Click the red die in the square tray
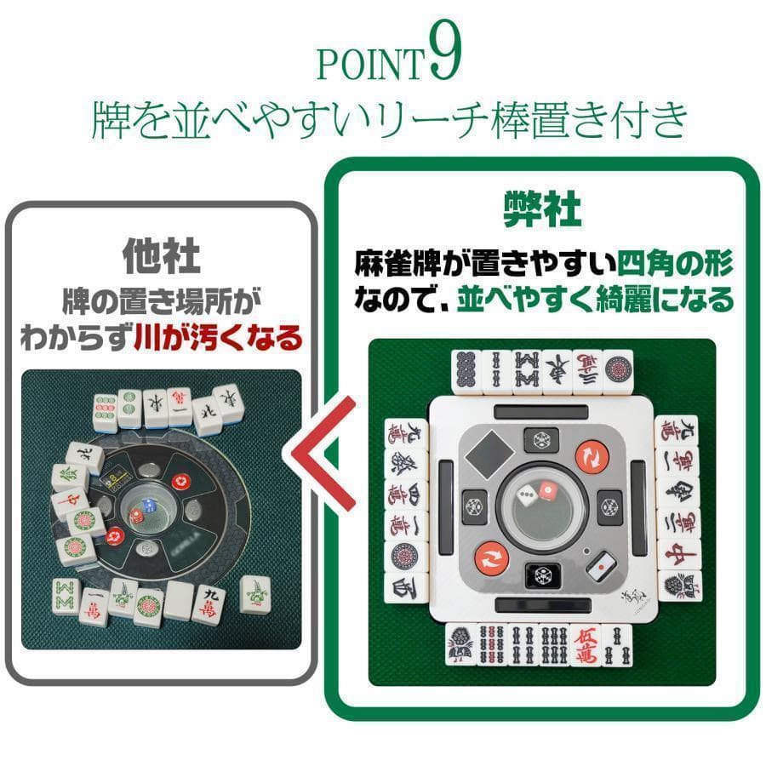point(547,491)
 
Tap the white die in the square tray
point(527,494)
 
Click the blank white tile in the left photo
point(179,601)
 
